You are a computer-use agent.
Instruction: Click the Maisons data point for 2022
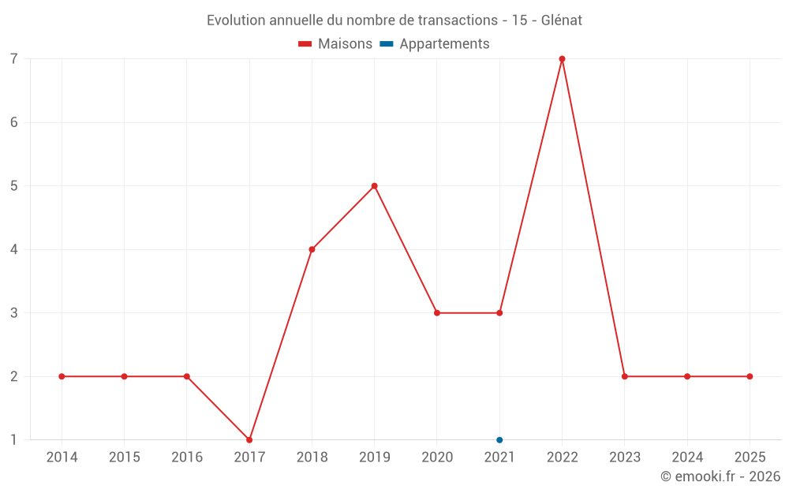point(562,59)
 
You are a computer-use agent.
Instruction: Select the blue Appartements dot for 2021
point(499,440)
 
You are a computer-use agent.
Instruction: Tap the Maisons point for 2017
point(249,440)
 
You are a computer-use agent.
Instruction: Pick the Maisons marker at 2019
point(375,186)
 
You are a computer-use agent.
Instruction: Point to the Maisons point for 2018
point(312,249)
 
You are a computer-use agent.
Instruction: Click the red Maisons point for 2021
point(499,313)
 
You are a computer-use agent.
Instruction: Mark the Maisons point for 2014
point(62,376)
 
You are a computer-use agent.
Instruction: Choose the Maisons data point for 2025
point(750,376)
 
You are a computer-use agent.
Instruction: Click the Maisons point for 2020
point(437,313)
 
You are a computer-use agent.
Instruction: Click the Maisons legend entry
point(335,44)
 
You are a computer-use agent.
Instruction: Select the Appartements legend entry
point(435,44)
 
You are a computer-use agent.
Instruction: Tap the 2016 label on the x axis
point(187,458)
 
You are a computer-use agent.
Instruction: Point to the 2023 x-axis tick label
point(625,458)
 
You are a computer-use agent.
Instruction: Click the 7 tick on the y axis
point(14,59)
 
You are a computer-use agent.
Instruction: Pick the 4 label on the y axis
point(14,249)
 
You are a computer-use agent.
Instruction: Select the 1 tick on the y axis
point(14,440)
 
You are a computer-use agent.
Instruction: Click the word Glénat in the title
point(562,21)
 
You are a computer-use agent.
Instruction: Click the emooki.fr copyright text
point(720,476)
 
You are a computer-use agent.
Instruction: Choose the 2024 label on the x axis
point(687,458)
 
